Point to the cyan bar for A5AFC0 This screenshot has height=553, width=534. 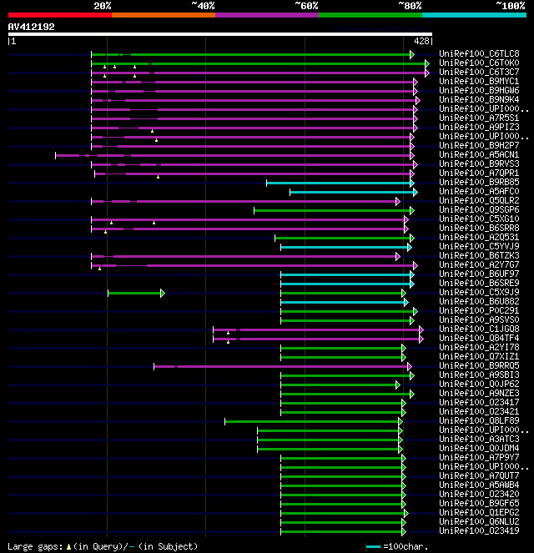350,192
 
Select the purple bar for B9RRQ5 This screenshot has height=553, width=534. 284,366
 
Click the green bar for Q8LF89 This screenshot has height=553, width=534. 313,421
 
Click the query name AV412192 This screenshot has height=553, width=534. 31,27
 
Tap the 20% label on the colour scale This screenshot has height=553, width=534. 103,6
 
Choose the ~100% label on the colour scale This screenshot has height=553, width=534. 509,6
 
